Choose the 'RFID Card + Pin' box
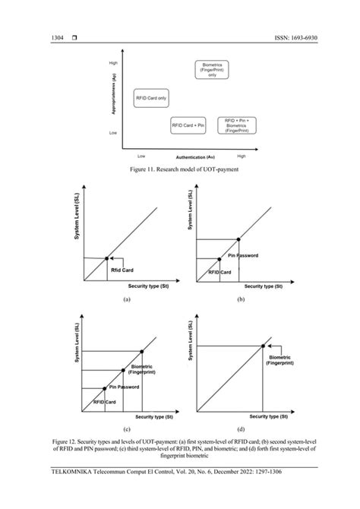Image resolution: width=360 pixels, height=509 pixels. pyautogui.click(x=188, y=125)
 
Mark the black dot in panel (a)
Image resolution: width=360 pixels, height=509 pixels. pyautogui.click(x=106, y=259)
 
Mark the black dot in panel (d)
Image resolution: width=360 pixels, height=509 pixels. pyautogui.click(x=264, y=346)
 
